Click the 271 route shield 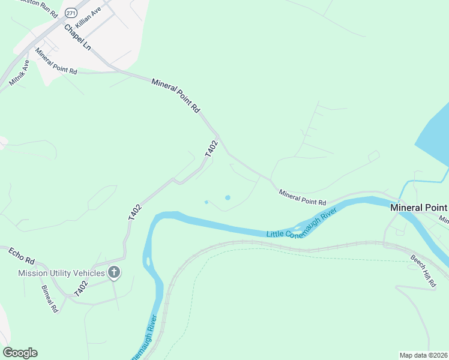pyautogui.click(x=71, y=13)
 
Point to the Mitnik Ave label pyautogui.click(x=19, y=72)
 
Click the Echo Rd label pyautogui.click(x=22, y=256)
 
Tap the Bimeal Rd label pyautogui.click(x=50, y=298)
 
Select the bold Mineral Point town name pyautogui.click(x=418, y=208)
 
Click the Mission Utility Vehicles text pyautogui.click(x=61, y=273)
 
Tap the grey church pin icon pyautogui.click(x=114, y=273)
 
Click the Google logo pyautogui.click(x=20, y=353)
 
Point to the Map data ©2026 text pyautogui.click(x=423, y=355)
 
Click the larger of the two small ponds pyautogui.click(x=228, y=197)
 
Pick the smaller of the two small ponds pyautogui.click(x=206, y=202)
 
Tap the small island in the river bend pyautogui.click(x=147, y=262)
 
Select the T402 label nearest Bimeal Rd pyautogui.click(x=81, y=287)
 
